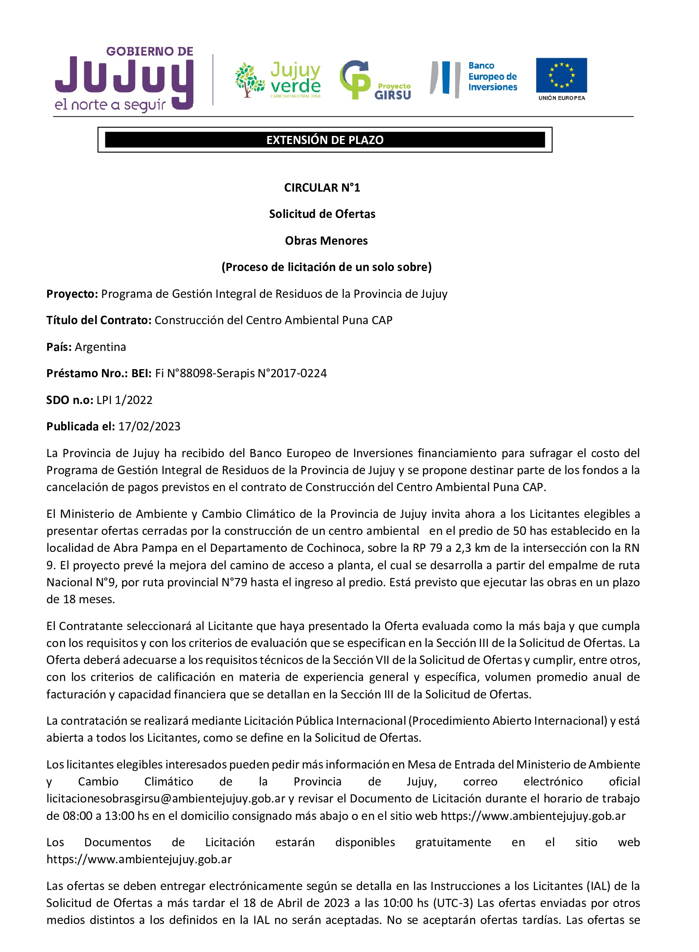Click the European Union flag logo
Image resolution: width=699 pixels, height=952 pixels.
coord(561,75)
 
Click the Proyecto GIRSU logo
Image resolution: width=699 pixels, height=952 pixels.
coord(376,80)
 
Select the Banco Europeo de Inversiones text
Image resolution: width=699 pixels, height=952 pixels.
coord(492,76)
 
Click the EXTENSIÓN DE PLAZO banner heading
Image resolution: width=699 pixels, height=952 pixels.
coord(325,140)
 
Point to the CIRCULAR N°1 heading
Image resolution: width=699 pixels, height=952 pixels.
coord(322,188)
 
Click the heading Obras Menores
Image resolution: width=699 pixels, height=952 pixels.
coord(326,241)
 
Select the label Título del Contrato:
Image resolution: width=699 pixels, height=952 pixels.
coord(99,320)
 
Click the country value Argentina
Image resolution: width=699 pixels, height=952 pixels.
coord(100,347)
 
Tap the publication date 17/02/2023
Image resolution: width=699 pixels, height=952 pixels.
coord(149,427)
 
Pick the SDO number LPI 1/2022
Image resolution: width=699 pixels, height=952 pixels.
coord(124,400)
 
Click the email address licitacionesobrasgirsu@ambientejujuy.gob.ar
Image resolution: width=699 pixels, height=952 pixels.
coord(166,799)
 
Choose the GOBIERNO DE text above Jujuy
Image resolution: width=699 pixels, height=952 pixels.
coord(150,51)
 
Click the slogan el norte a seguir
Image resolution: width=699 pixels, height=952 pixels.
coord(110,105)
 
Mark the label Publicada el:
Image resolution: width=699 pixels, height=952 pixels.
coord(80,427)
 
